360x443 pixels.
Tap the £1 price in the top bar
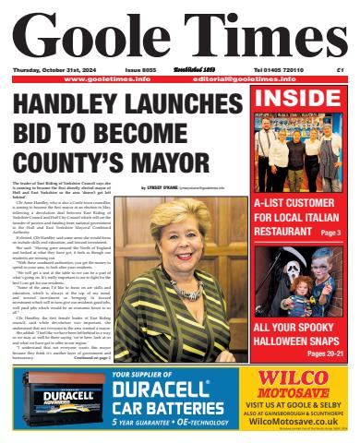(341, 69)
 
